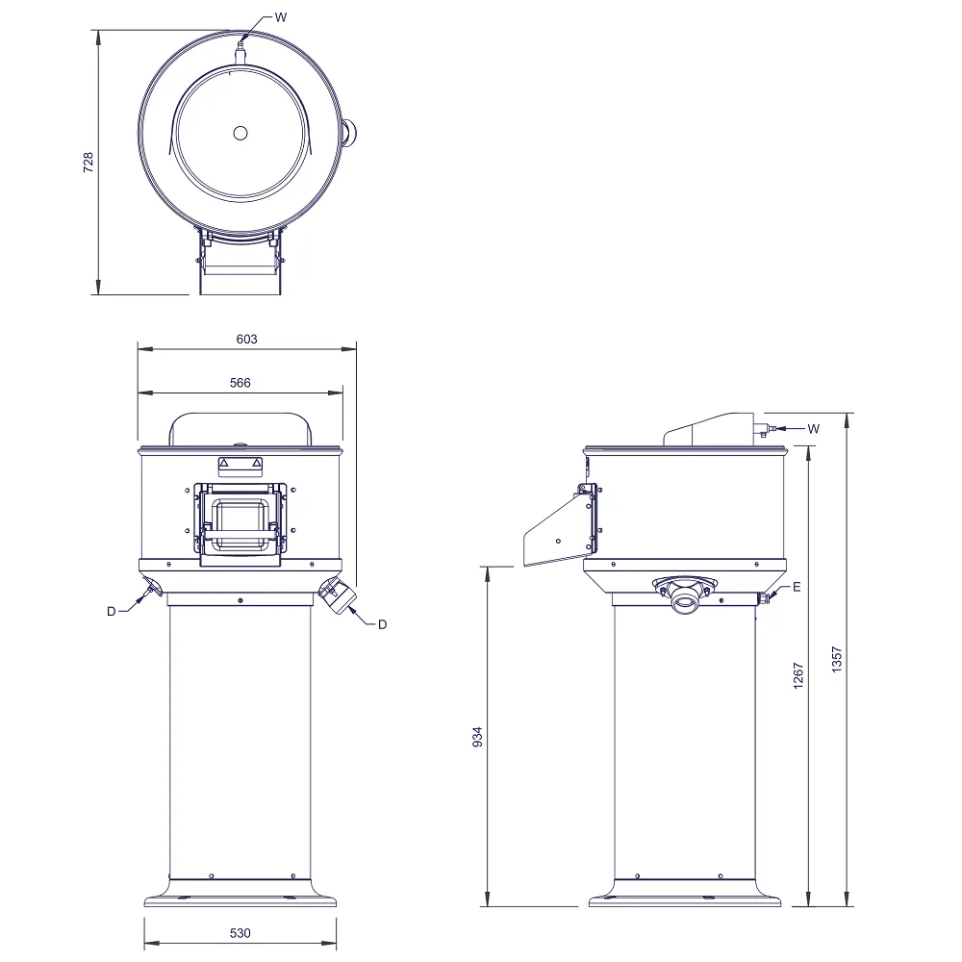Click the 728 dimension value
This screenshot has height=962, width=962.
click(89, 163)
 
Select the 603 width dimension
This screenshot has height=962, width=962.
click(246, 339)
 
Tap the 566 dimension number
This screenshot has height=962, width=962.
click(240, 383)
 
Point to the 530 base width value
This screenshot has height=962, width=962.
click(240, 933)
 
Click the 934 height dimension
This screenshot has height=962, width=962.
click(477, 737)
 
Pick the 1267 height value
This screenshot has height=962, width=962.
click(798, 675)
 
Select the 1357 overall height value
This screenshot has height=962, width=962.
click(837, 660)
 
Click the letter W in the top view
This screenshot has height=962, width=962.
click(280, 17)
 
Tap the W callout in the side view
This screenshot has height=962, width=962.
click(814, 429)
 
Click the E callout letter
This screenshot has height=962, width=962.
click(797, 587)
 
